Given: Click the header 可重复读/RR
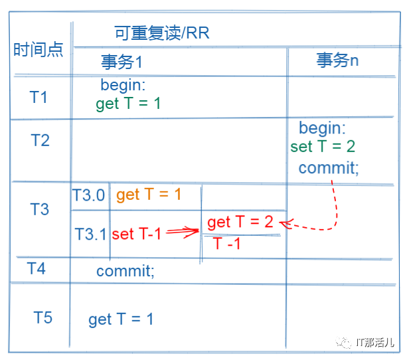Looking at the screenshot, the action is [x=161, y=33].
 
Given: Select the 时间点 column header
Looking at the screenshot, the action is [x=39, y=50].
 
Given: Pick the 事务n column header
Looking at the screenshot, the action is [x=337, y=60].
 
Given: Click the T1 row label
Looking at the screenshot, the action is [x=39, y=97].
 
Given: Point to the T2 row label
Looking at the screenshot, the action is [x=40, y=140].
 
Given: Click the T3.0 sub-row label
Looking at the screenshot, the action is [x=88, y=195].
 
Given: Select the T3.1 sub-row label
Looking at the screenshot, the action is [x=90, y=234].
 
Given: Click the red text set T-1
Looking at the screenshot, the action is [x=136, y=234].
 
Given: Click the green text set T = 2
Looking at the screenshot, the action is [x=323, y=147].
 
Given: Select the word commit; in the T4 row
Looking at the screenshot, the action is [x=125, y=271].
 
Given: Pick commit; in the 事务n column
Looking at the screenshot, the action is [x=329, y=167].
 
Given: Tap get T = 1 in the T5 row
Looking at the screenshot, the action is [x=121, y=319].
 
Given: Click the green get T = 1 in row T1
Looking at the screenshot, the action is [x=128, y=104].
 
